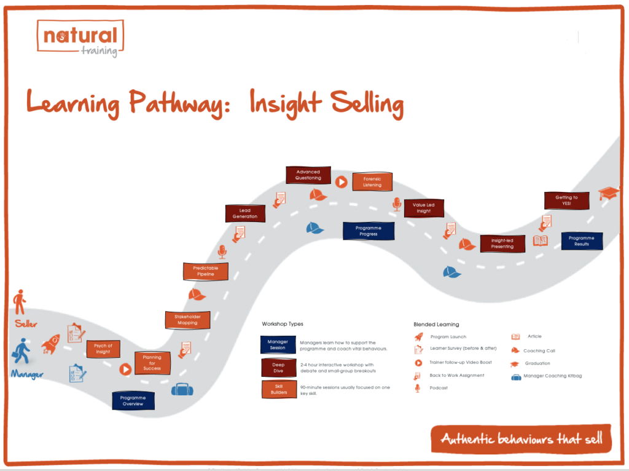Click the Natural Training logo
point(80,38)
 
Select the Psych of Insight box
point(103,349)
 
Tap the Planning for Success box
point(152,363)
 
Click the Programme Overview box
point(133,400)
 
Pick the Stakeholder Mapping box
point(187,320)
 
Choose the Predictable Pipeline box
point(206,271)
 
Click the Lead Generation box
point(245,213)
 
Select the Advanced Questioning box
point(308,175)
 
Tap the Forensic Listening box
point(372,181)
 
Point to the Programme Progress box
point(369,231)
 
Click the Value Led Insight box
point(423,208)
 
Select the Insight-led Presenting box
point(502,243)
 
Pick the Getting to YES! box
point(566,200)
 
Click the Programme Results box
point(582,241)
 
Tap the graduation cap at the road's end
point(610,194)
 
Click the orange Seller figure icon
point(20,303)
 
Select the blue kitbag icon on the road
point(182,389)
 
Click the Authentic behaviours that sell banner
point(521,440)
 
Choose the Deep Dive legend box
point(278,367)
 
